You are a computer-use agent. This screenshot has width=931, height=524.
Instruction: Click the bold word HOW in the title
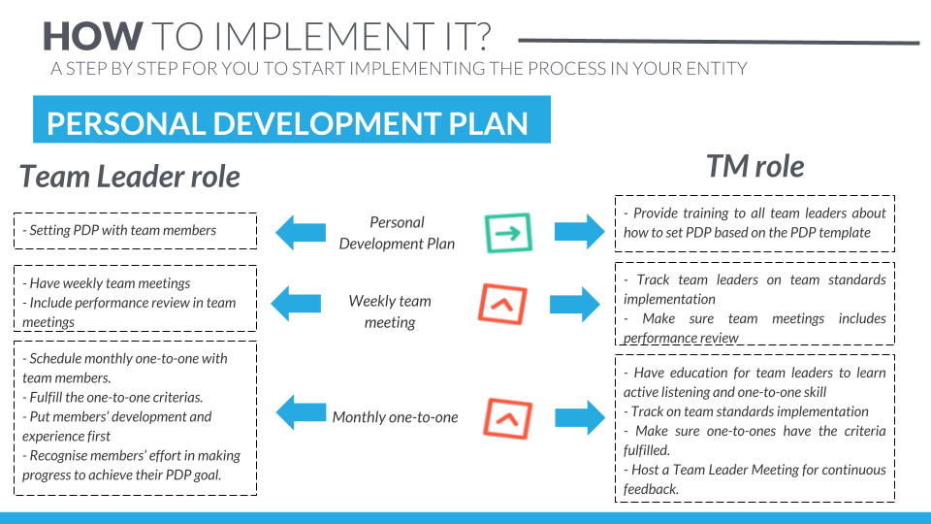point(92,37)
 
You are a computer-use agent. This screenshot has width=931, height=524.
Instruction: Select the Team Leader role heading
point(130,177)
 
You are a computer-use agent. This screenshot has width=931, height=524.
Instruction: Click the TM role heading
point(754,166)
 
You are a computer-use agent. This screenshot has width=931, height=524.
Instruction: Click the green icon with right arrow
point(508,232)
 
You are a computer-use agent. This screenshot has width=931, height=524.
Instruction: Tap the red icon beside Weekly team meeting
point(503,303)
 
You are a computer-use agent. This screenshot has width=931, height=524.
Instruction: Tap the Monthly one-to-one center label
point(395,417)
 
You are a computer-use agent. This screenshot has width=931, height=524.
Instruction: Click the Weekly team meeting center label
point(390,311)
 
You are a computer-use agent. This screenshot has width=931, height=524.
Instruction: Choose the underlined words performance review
point(681,338)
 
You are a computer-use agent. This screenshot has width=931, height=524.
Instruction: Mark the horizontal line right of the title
point(718,42)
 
